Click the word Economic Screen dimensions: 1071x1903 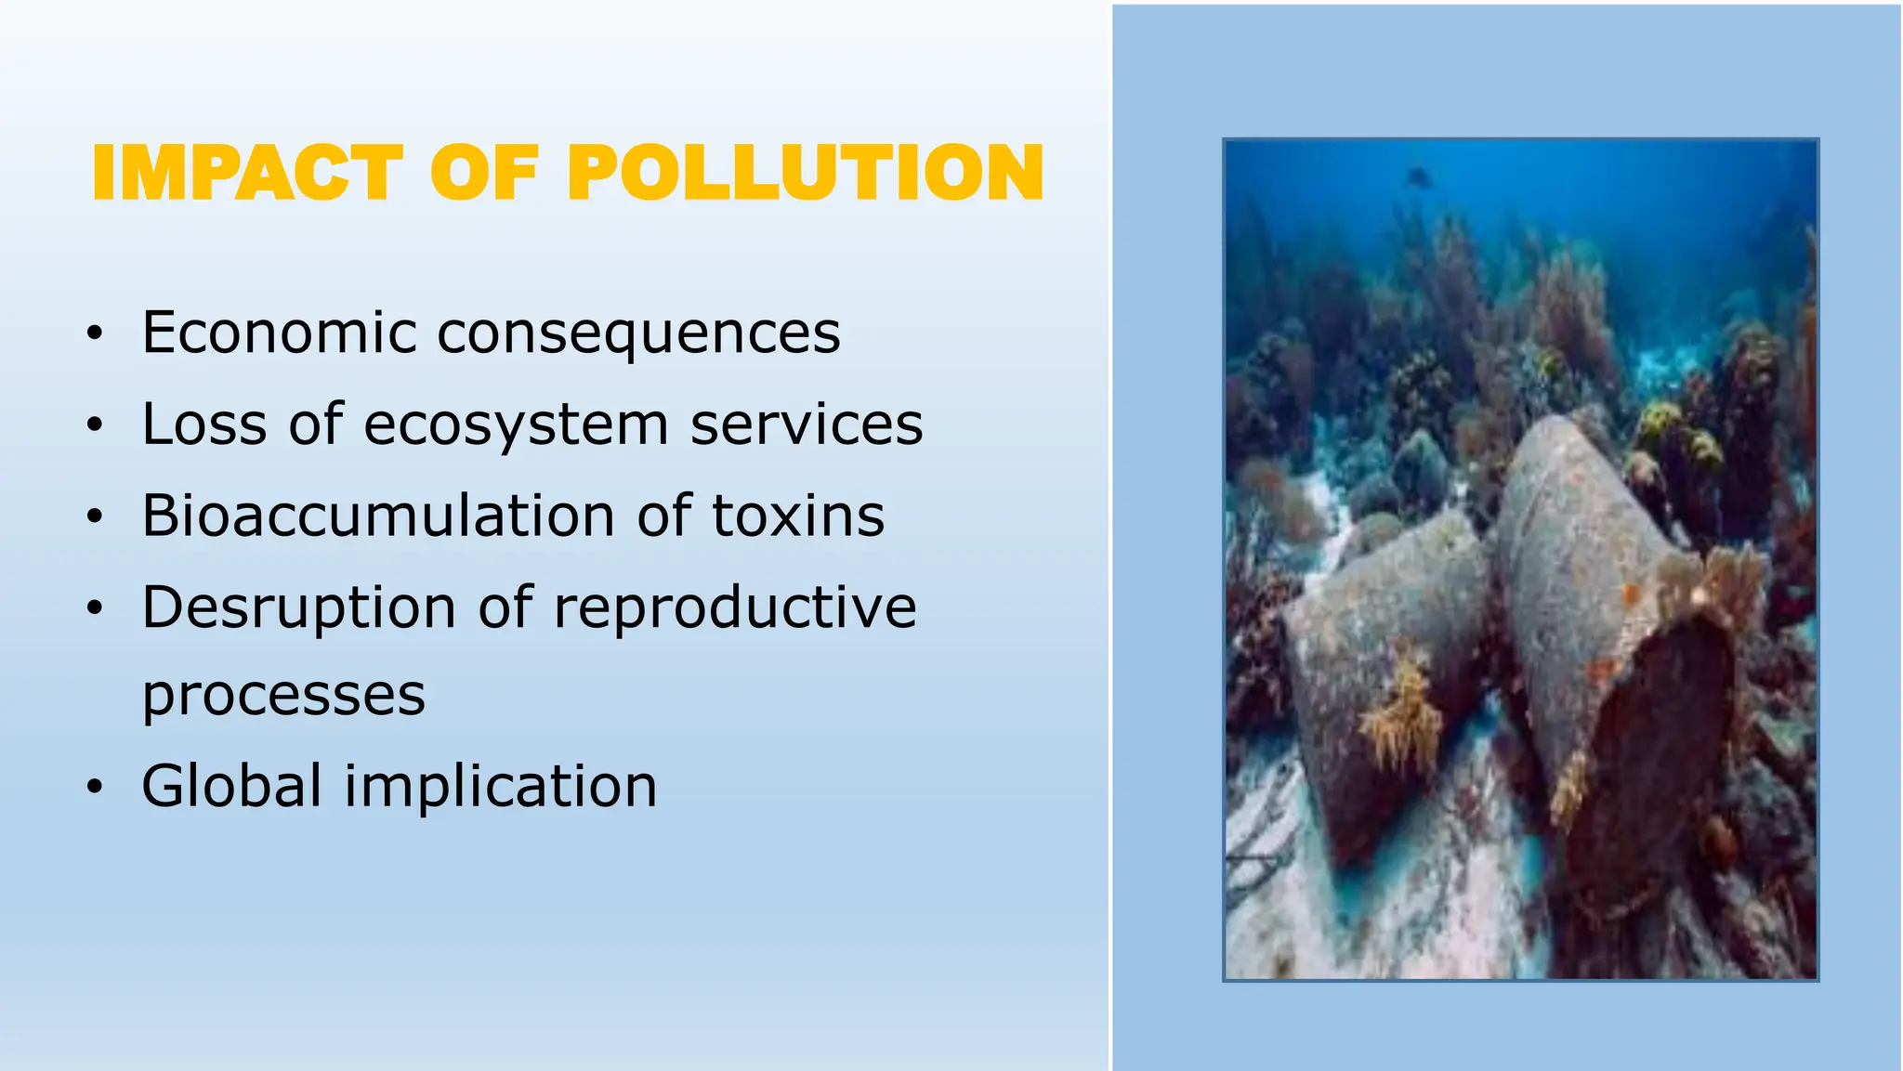point(279,333)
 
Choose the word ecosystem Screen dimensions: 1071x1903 point(516,425)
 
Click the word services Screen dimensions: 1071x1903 point(807,424)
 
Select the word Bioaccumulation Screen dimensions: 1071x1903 point(377,516)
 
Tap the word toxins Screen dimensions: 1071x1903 point(798,516)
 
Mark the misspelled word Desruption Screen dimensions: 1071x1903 point(298,608)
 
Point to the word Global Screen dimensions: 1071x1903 point(231,786)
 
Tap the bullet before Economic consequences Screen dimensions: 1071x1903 point(94,334)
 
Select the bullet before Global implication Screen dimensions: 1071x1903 point(94,788)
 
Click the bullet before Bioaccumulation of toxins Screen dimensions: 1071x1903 point(94,516)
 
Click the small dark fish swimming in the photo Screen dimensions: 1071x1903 point(1417,176)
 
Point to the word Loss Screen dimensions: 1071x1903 point(203,424)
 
